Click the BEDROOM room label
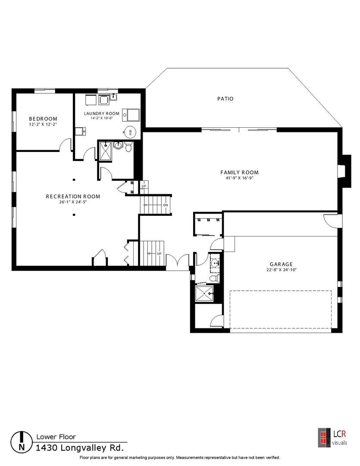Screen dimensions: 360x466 tap(43, 119)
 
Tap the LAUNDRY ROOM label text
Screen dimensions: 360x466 tap(102, 113)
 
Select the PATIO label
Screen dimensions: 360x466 tap(225, 99)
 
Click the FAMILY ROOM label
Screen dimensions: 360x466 tap(239, 172)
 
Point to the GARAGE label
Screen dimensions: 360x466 tap(281, 264)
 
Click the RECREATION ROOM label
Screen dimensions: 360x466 tap(73, 196)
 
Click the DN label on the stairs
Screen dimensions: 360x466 tap(166, 205)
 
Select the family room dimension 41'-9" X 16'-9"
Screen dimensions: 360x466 tap(239, 178)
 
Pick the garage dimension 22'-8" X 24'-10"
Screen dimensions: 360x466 tap(281, 270)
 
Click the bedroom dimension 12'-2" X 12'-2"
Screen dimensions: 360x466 tap(43, 124)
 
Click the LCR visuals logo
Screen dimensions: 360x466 tap(332, 437)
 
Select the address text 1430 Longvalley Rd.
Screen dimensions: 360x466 tap(80, 448)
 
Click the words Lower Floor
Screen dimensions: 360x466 tap(56, 437)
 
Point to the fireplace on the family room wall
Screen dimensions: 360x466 tap(344, 171)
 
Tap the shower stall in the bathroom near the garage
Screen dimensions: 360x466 tap(204, 294)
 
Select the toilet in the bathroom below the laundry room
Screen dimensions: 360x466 tap(128, 147)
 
